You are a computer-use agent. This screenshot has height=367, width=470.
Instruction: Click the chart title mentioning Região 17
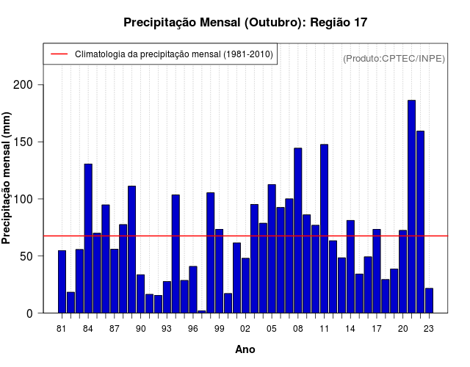click(x=245, y=23)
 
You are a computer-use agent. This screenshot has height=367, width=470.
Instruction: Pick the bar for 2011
click(x=324, y=228)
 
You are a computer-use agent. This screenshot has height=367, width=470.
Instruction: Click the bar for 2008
click(x=297, y=230)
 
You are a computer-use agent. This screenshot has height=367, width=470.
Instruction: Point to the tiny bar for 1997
click(x=201, y=311)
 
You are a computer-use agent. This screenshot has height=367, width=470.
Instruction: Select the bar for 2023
click(x=429, y=300)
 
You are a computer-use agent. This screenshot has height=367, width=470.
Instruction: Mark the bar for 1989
click(x=131, y=250)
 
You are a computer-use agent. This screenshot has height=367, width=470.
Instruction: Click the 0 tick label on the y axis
click(x=30, y=313)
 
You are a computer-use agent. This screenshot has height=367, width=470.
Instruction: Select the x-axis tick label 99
click(x=219, y=328)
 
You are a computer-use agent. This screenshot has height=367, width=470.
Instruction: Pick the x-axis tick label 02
click(x=245, y=328)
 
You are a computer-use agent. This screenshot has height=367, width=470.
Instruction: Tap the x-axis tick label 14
click(x=350, y=328)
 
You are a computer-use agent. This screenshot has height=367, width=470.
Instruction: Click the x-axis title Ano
click(x=245, y=349)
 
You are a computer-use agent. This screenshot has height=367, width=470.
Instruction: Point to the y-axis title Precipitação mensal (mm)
click(x=7, y=178)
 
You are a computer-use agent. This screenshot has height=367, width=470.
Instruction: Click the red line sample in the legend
click(x=58, y=54)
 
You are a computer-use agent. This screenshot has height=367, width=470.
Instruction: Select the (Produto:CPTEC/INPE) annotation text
click(x=394, y=58)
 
